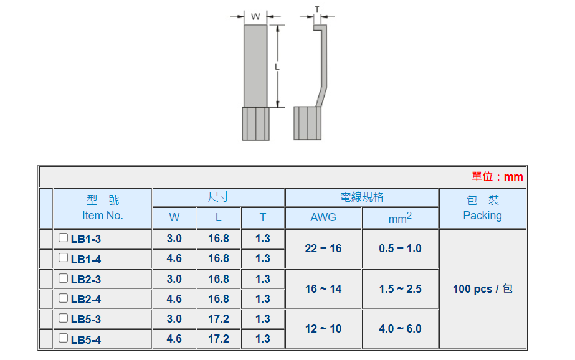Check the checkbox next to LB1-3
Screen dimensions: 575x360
coord(63,237)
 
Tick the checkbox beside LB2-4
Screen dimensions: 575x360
coord(63,298)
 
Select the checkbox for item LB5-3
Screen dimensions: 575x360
coord(63,318)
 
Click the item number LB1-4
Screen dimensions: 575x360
coord(86,260)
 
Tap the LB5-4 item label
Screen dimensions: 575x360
coord(86,340)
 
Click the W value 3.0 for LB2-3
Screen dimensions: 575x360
coord(174,279)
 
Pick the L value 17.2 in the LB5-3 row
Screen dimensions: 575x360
coord(219,319)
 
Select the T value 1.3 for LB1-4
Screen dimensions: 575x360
coord(263,258)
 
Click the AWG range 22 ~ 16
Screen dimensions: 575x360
coord(323,249)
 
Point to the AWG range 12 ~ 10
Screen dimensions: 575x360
coord(323,329)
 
